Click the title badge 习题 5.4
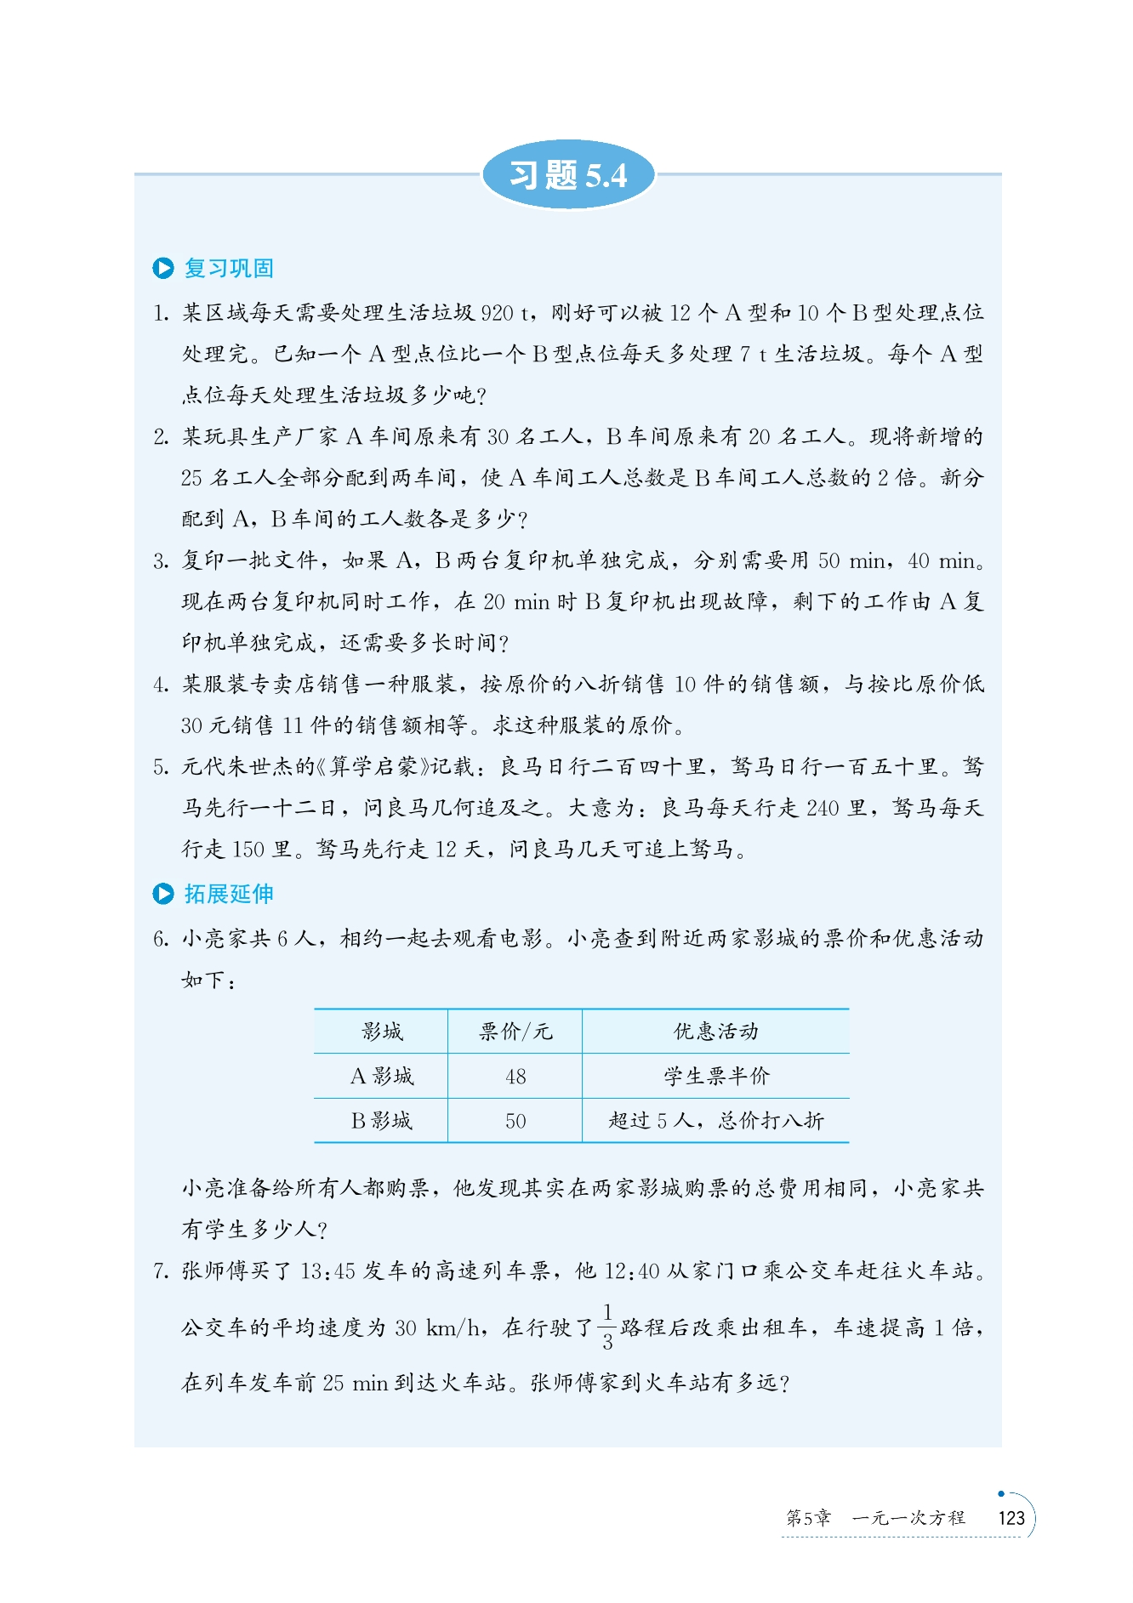pos(568,175)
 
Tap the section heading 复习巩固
pos(229,269)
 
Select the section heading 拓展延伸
pos(229,894)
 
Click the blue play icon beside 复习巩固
pos(162,269)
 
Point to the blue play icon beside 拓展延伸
pos(162,894)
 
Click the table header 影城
pos(382,1032)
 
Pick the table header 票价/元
pos(515,1032)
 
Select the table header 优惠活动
pos(715,1032)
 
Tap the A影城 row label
pos(382,1077)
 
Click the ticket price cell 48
pos(515,1077)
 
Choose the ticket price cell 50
pos(515,1121)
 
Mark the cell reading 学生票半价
pos(716,1077)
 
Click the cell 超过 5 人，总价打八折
pos(716,1121)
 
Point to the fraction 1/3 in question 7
pos(607,1327)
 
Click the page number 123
pos(1011,1518)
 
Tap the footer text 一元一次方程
pos(908,1518)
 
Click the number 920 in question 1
pos(497,313)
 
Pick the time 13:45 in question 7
pos(327,1271)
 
